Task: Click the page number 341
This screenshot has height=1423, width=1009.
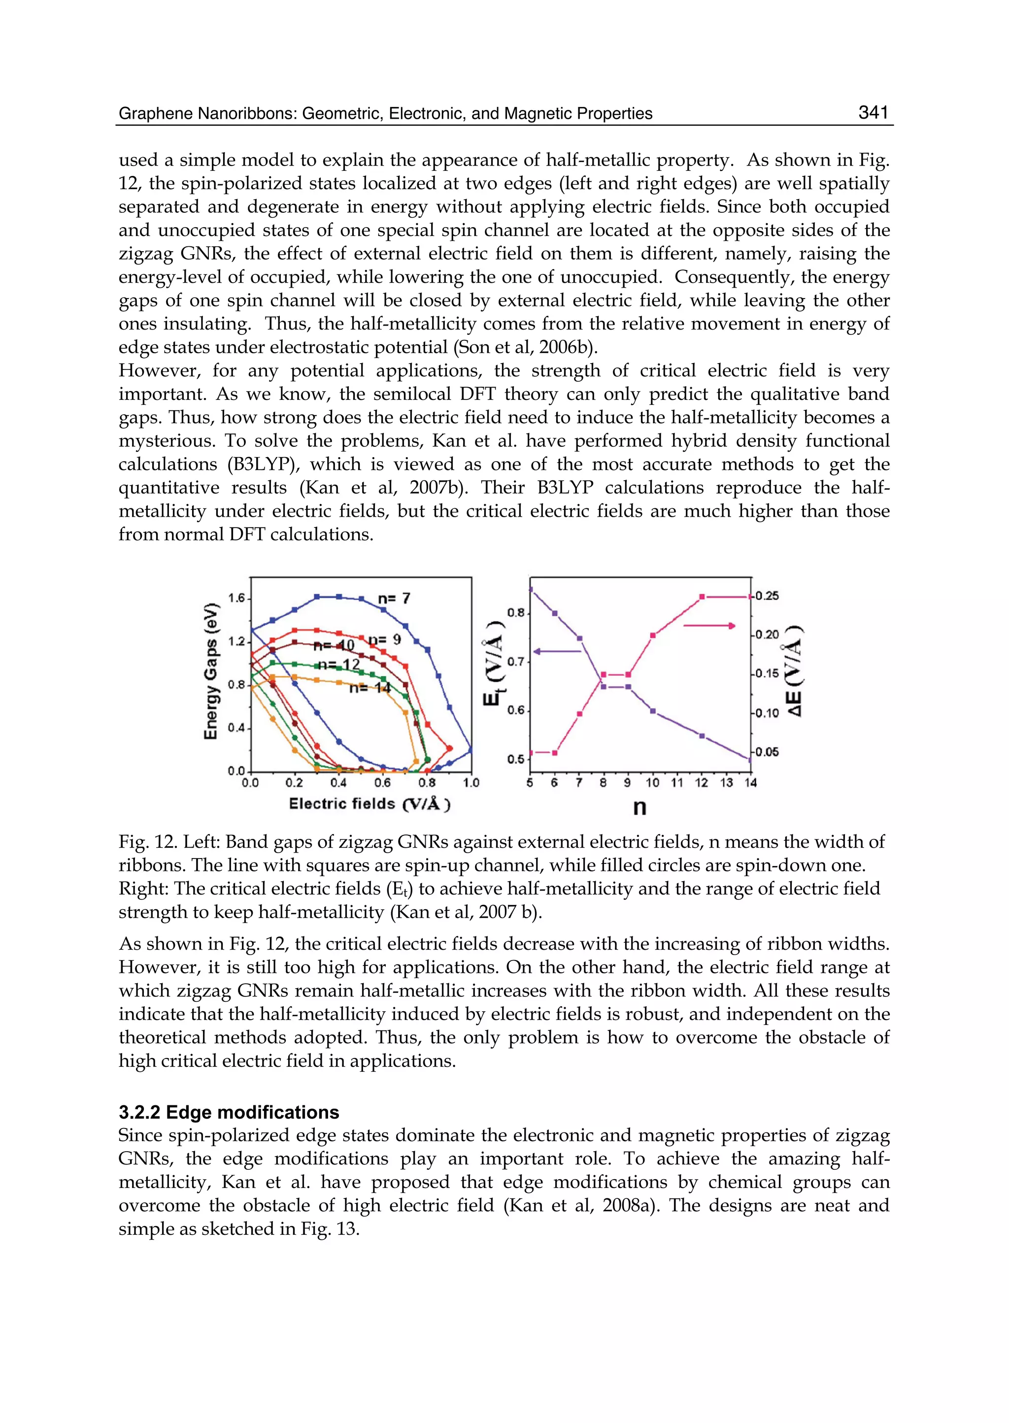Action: click(873, 112)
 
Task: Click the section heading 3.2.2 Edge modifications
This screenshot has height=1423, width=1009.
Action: click(229, 1112)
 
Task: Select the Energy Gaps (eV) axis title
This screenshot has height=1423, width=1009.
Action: click(211, 671)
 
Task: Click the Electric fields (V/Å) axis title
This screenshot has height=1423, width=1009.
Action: click(370, 804)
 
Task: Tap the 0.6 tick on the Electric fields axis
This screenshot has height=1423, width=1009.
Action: click(383, 783)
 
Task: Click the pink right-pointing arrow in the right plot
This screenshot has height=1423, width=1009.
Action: click(709, 626)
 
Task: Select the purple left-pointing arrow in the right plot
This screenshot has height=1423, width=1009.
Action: click(557, 652)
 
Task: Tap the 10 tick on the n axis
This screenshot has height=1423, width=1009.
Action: click(652, 783)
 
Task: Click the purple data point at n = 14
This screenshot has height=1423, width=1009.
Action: click(749, 759)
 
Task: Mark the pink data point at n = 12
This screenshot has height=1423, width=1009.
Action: click(702, 597)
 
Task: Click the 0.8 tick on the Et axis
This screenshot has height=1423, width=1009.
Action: click(516, 613)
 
